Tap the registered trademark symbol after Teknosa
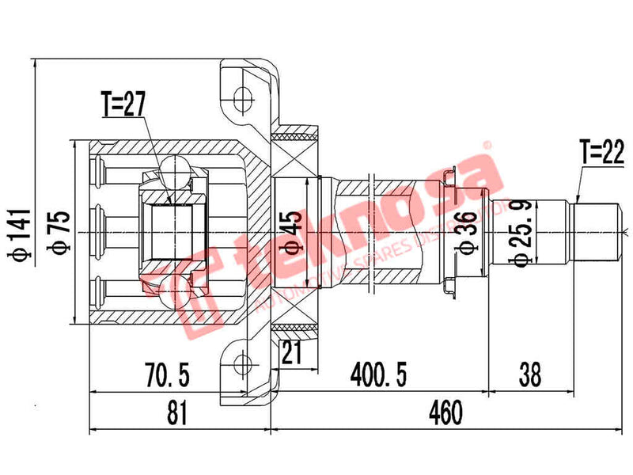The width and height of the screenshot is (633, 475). [488, 147]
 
